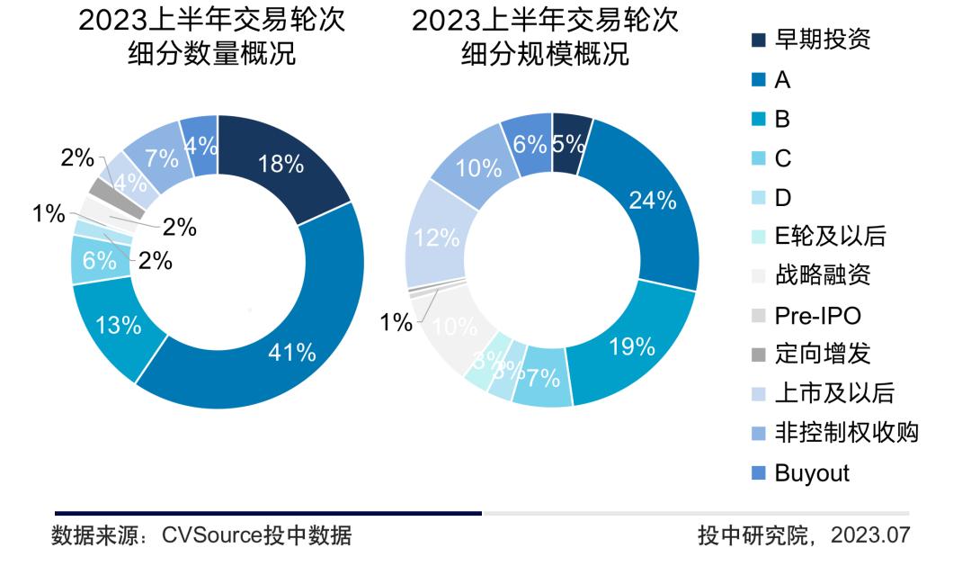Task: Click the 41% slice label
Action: pos(292,354)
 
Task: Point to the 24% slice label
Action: pos(653,201)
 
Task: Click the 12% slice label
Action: pos(438,238)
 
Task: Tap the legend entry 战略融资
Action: pos(822,275)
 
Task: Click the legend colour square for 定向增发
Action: pos(758,355)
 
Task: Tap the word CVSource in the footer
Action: pos(211,536)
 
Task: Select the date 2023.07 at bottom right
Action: pos(870,536)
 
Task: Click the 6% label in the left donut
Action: pos(99,261)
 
